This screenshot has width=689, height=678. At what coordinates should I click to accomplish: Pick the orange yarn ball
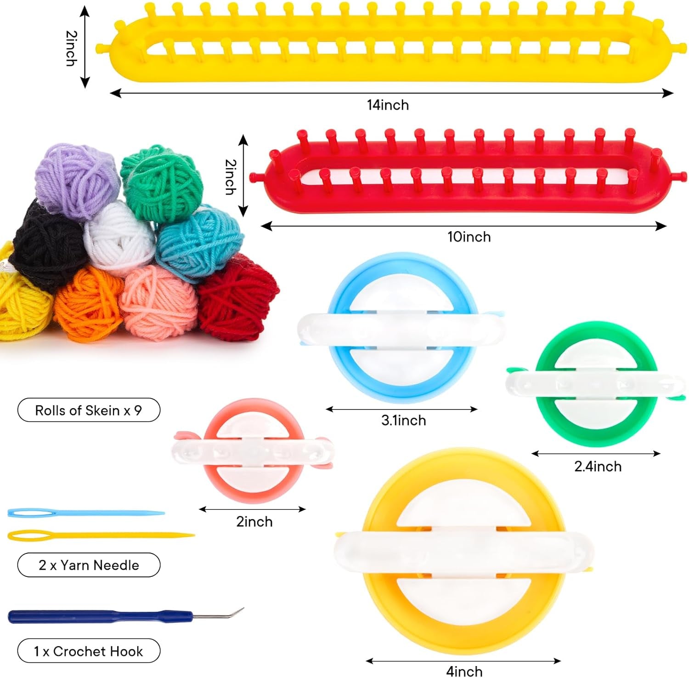click(87, 303)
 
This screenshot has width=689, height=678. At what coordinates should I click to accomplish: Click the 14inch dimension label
click(388, 105)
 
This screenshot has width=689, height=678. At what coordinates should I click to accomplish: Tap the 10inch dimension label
click(469, 237)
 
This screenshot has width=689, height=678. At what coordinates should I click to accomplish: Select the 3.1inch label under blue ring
click(403, 421)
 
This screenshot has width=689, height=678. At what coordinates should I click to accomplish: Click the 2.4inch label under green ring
click(598, 467)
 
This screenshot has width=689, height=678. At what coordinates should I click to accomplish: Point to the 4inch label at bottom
click(464, 671)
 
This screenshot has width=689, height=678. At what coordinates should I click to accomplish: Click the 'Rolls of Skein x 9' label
click(89, 410)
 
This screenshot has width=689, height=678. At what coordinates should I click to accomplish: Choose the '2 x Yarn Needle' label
click(89, 565)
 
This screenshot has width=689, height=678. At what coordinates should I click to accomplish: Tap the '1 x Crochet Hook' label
click(89, 651)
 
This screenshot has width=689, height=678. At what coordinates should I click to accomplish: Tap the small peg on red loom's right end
click(681, 176)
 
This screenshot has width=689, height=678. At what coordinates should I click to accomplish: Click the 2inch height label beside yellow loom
click(71, 48)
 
